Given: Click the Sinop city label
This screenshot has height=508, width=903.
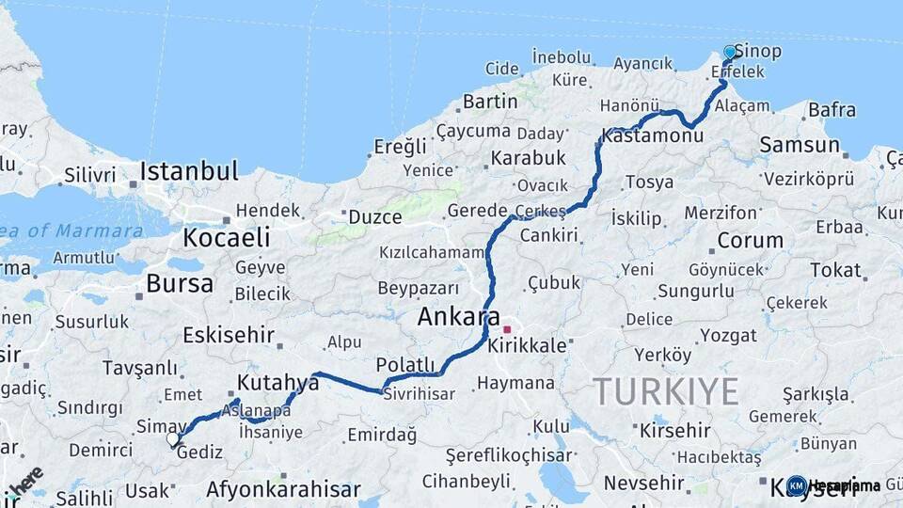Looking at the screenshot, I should pos(758,51).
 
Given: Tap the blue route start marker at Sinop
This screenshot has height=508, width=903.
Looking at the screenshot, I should pos(730,53).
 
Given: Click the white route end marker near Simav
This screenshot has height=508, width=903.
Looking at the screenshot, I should pos(173,438).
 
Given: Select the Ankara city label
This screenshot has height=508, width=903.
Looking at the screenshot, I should pos(460,318).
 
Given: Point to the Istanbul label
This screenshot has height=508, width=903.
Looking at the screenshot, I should pos(188,171).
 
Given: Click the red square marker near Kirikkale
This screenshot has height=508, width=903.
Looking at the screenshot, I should pos(508,330).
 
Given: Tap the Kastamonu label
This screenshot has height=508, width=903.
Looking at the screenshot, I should pos(653,136).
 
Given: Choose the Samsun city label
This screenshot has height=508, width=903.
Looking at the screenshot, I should pos(800,145).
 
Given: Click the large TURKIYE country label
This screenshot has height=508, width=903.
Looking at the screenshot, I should pos(666,391).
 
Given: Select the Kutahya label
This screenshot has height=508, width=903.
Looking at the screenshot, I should pos(278,382).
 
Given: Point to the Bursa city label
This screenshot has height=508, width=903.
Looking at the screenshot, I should pos(180,283).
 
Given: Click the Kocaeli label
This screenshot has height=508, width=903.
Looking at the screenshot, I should pos(227,237).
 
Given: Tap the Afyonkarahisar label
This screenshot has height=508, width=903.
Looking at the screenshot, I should pos(283,489).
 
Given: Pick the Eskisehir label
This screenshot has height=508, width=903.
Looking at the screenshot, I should pos(229,334).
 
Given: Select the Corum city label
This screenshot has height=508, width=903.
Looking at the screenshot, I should pos(750,240).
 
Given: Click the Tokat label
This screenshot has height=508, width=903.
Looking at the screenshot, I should pos(836,270).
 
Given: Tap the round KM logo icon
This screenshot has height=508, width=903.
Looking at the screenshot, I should pos(797,485).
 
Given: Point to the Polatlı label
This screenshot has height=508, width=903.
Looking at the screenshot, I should pos(405,365).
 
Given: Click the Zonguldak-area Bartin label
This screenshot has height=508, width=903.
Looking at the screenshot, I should pos(490,101).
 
